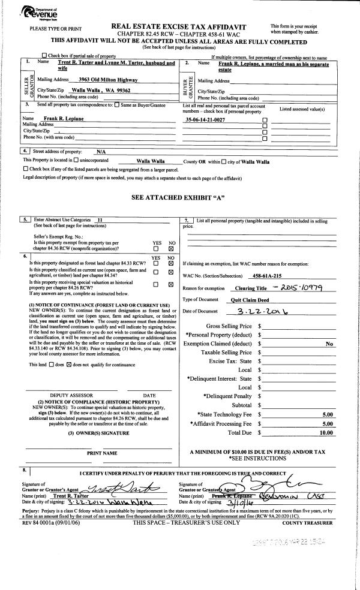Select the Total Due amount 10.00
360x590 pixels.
(326, 432)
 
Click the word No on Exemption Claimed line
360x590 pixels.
(329, 344)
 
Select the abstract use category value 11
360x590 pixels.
(100, 220)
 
